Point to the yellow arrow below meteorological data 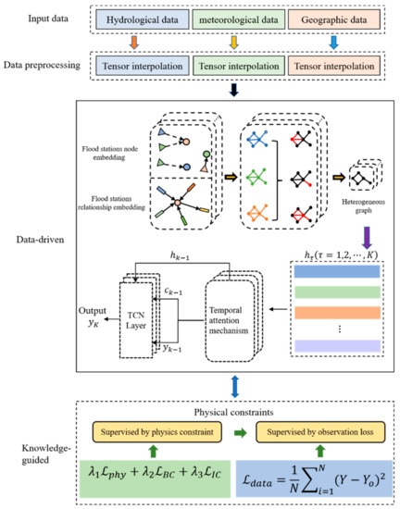tap(238, 43)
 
